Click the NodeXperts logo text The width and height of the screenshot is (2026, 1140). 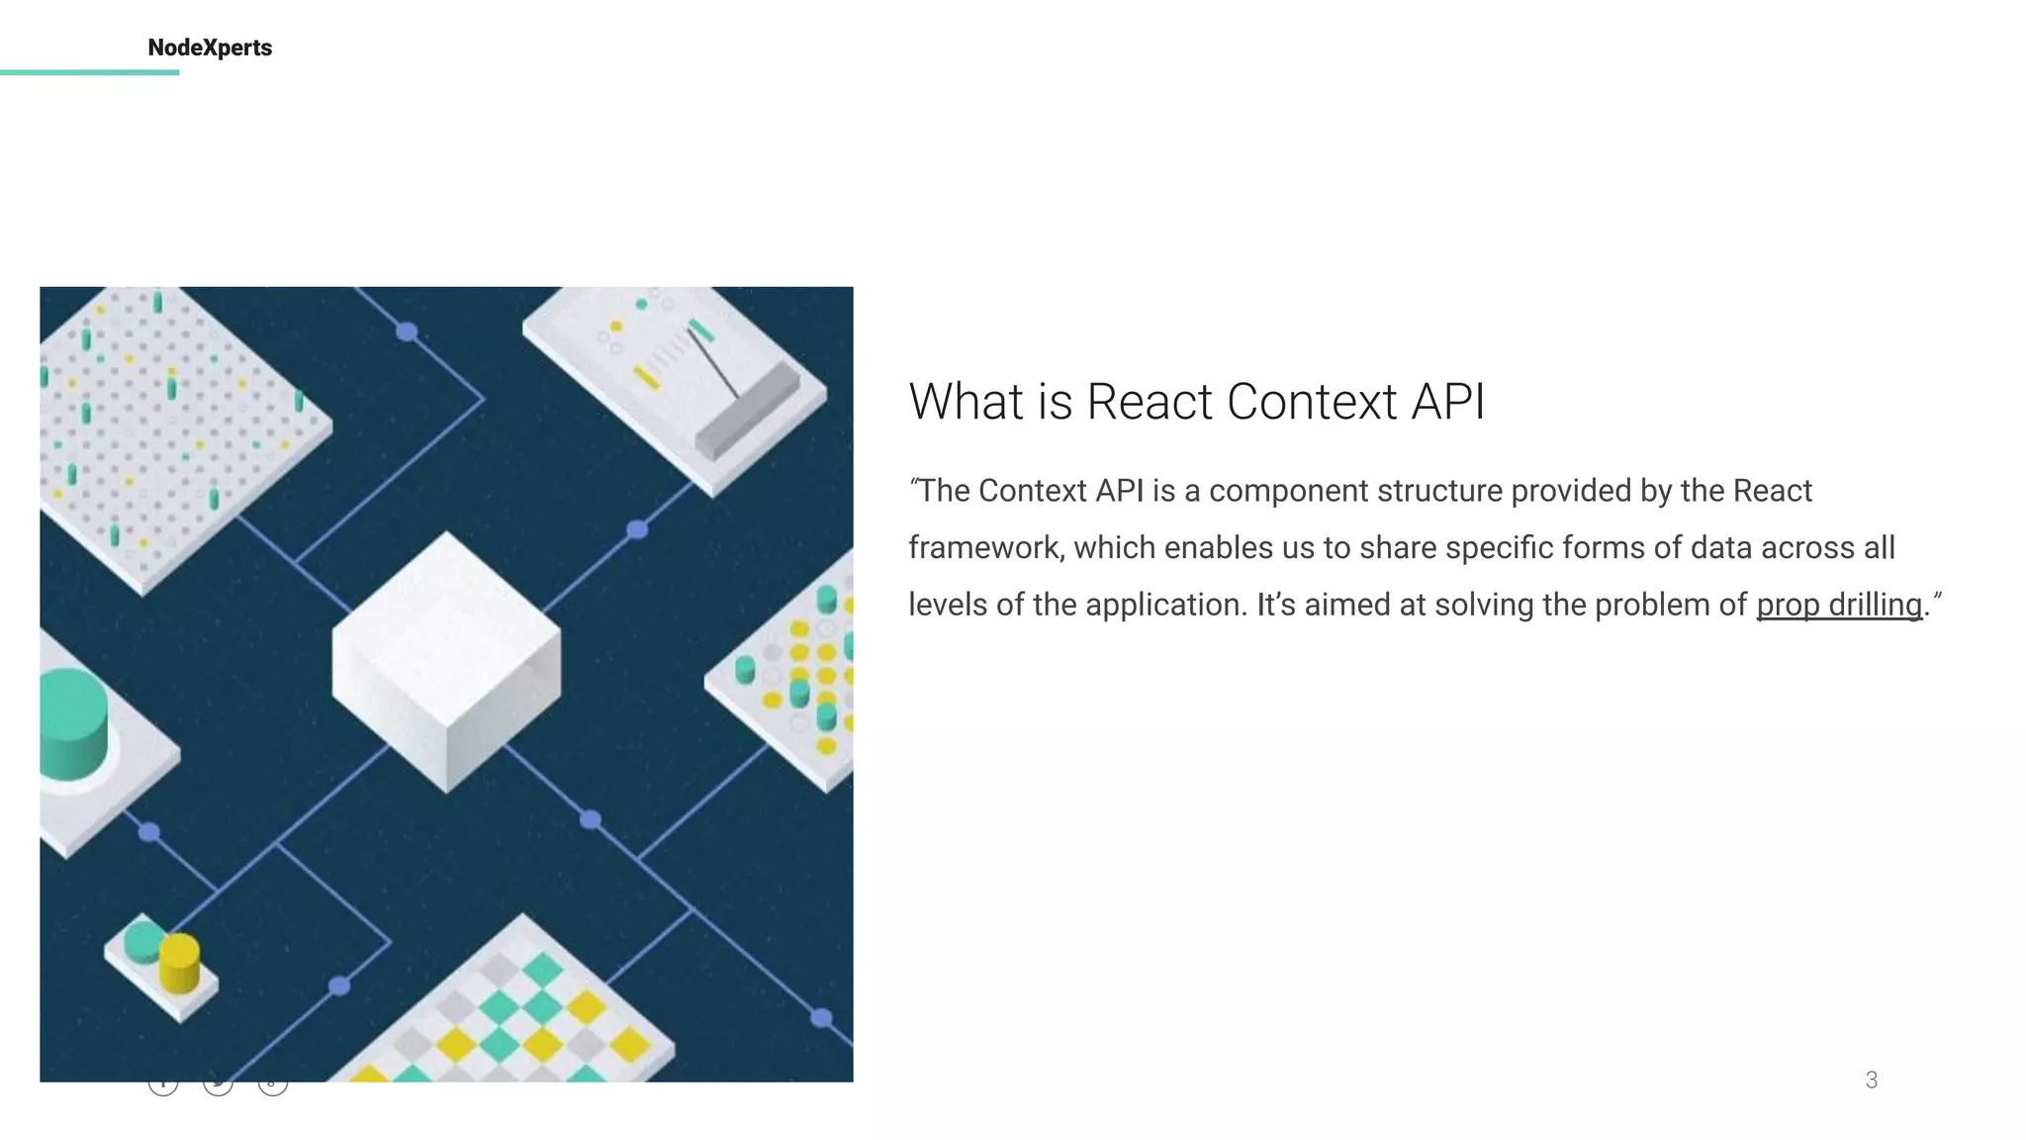coord(210,47)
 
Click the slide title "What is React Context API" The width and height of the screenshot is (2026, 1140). coord(1196,402)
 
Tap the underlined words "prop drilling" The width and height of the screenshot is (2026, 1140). coord(1839,605)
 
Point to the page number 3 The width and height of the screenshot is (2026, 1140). coord(1871,1080)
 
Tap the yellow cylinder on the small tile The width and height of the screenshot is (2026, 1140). coord(179,961)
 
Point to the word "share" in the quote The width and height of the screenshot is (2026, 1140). coord(1398,548)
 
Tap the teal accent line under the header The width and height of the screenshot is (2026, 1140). coord(89,72)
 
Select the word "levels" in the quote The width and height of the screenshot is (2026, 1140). coord(948,605)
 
